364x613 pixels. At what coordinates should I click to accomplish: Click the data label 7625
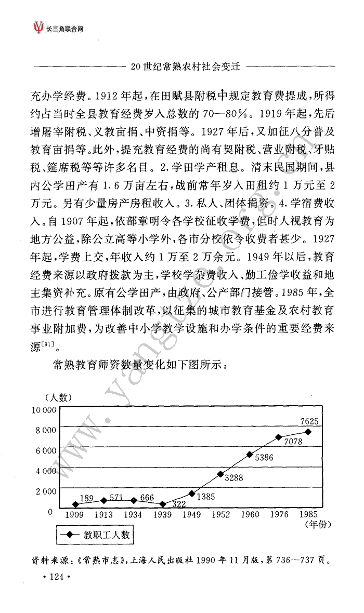click(309, 421)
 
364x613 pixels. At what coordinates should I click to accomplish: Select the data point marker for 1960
click(250, 455)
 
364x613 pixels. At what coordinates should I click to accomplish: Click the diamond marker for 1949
click(191, 493)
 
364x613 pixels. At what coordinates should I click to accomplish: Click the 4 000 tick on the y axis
click(46, 471)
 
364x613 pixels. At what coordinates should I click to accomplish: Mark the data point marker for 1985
click(308, 432)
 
